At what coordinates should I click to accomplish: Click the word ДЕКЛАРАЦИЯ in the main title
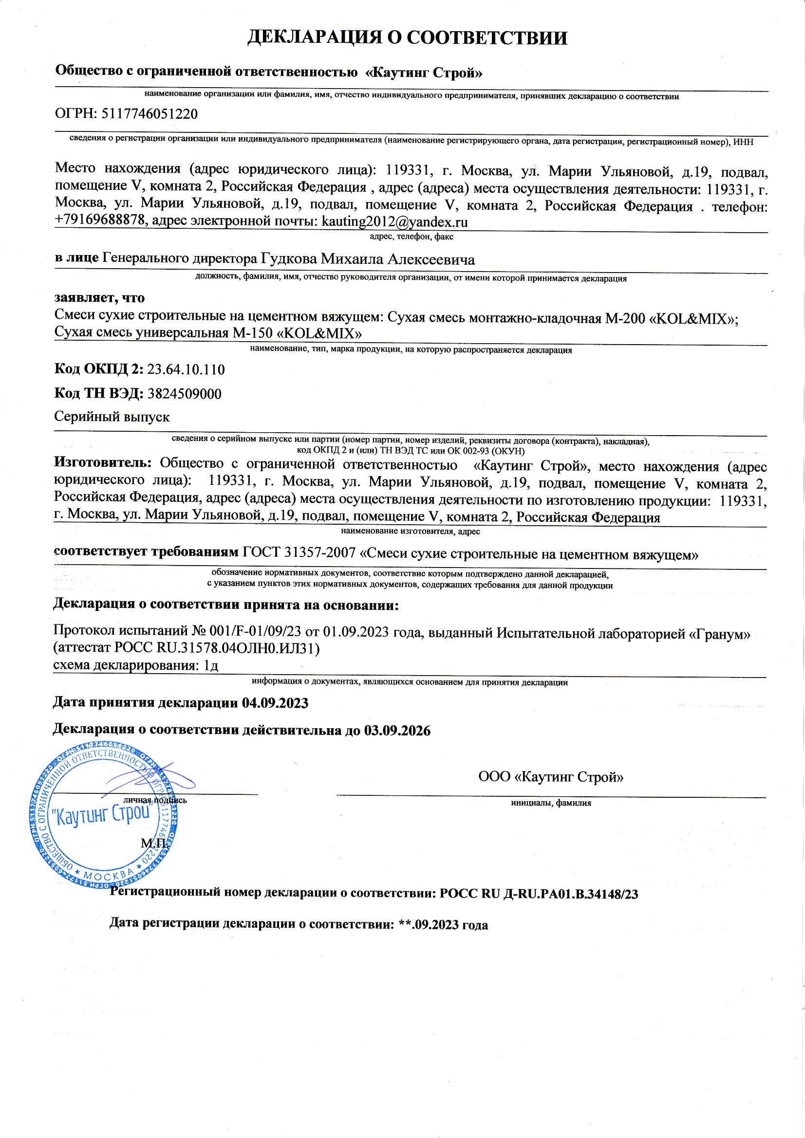point(315,38)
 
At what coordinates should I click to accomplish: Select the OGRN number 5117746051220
point(150,114)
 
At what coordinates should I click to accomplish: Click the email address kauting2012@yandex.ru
point(394,221)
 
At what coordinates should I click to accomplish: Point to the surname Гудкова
point(289,259)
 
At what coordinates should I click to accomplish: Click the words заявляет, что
point(99,298)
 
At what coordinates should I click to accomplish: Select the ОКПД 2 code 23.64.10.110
point(186,369)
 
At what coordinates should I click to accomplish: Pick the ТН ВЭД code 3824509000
point(185,394)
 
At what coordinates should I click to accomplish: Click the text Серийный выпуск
point(112,417)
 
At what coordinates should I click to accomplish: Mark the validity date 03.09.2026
point(397,731)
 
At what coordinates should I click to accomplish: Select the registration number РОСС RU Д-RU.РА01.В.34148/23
point(539,894)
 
